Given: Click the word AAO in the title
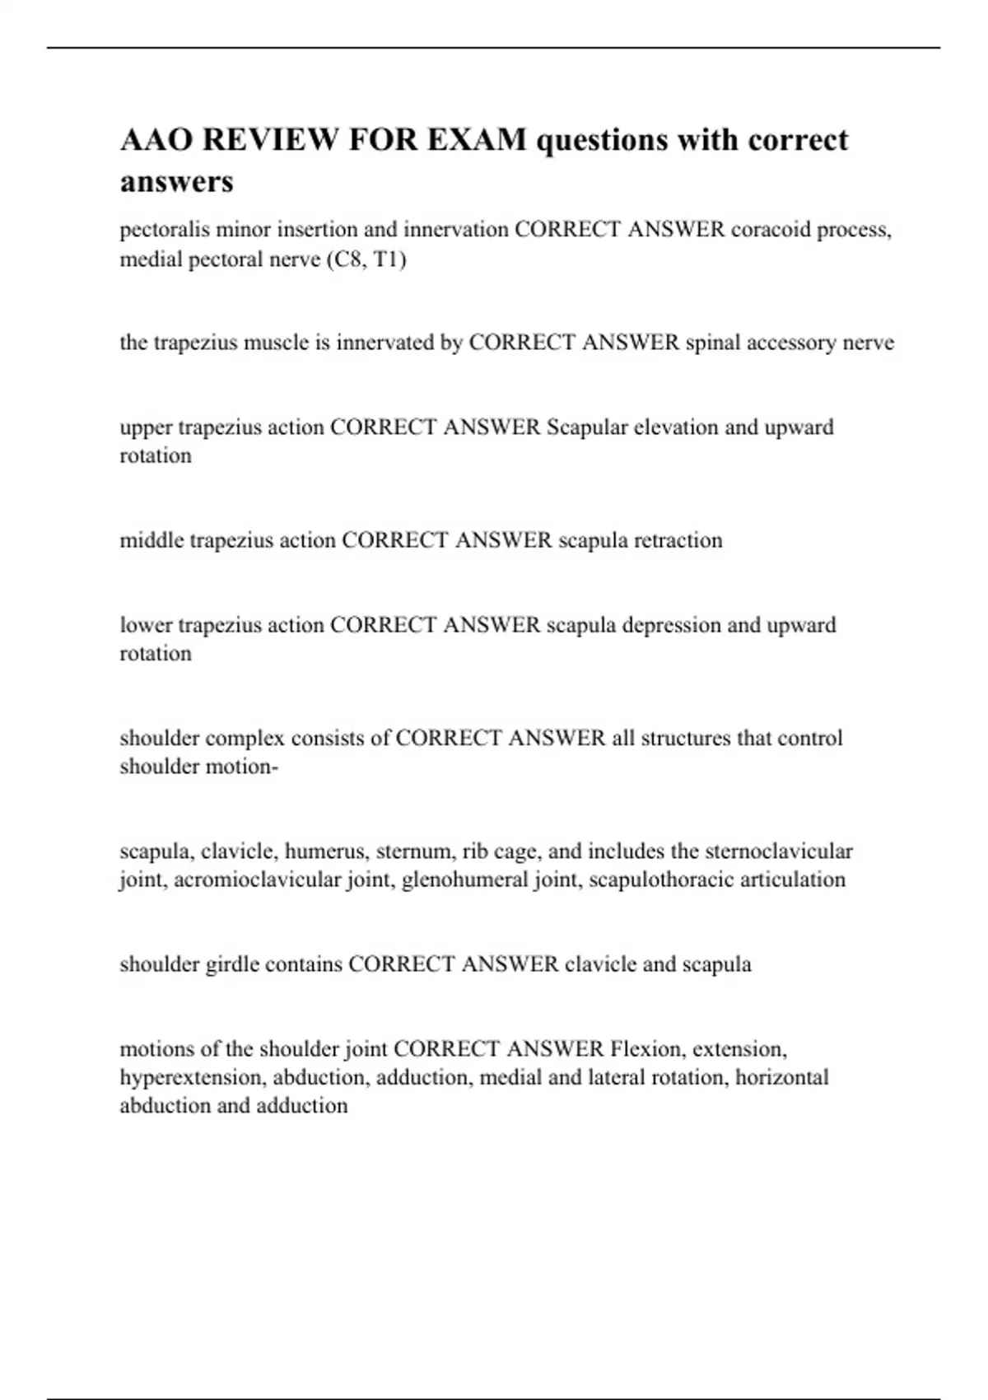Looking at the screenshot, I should pyautogui.click(x=156, y=140).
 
